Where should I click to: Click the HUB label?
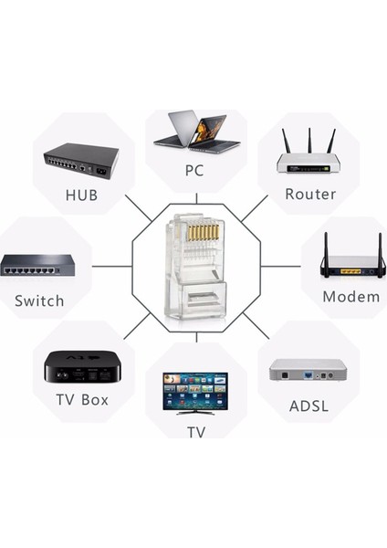(81, 195)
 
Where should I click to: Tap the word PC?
(193, 170)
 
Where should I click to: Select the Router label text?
(310, 194)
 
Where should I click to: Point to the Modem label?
(350, 297)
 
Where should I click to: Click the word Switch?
(39, 300)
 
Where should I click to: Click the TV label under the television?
(195, 431)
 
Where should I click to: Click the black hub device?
(81, 162)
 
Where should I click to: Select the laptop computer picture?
(195, 131)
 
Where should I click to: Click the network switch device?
(37, 266)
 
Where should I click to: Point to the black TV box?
(82, 367)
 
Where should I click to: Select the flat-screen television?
(195, 390)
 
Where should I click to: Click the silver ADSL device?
(308, 369)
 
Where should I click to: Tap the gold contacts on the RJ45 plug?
(202, 235)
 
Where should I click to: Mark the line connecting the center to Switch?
(111, 267)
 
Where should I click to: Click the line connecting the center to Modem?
(281, 267)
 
